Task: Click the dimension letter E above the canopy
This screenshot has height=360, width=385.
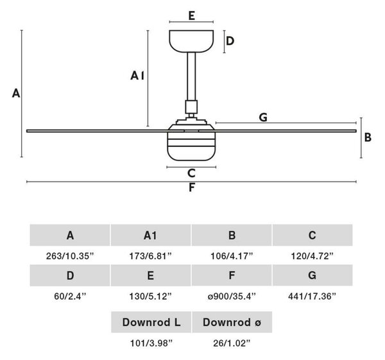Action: (x=192, y=15)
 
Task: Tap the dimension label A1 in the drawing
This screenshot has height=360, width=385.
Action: (x=137, y=75)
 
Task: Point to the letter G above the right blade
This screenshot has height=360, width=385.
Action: (x=263, y=117)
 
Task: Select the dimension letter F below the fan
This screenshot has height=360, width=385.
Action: (x=192, y=187)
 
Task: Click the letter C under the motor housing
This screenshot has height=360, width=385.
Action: (x=191, y=173)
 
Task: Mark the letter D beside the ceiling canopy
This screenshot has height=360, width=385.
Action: (x=230, y=41)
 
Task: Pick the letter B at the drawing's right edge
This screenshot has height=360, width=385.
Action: (x=368, y=137)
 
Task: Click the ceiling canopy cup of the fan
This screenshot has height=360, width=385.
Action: (x=191, y=41)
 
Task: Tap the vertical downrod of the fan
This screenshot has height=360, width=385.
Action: (x=191, y=76)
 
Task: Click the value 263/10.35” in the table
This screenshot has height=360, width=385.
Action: (x=70, y=256)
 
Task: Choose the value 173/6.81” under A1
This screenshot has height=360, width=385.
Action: (x=151, y=256)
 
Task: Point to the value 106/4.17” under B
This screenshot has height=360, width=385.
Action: (x=232, y=256)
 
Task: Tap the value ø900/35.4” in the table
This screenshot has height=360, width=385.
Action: (x=232, y=296)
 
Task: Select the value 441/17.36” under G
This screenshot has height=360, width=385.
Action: (x=312, y=296)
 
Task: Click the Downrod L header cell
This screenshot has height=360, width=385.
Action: (x=151, y=322)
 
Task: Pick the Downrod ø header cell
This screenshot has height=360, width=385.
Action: (x=232, y=322)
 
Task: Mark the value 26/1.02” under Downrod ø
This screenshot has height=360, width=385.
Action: (x=232, y=343)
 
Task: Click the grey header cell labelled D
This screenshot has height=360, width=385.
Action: (x=70, y=275)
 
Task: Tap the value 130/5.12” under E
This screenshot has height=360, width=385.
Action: (x=151, y=296)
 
